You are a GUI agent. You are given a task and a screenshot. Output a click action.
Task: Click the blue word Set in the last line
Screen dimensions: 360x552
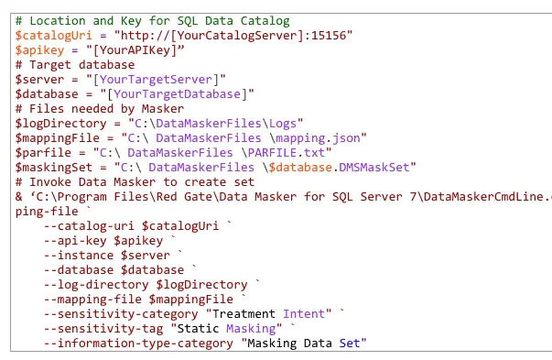(352, 343)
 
